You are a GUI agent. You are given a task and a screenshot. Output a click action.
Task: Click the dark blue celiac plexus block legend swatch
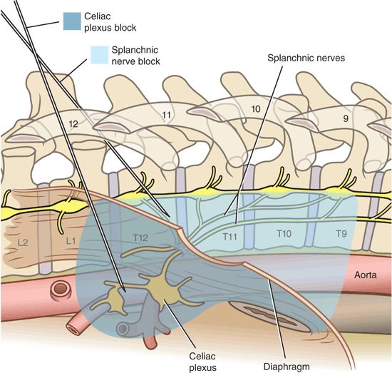[73, 22]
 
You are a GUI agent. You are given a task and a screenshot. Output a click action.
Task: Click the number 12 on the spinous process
[72, 123]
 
